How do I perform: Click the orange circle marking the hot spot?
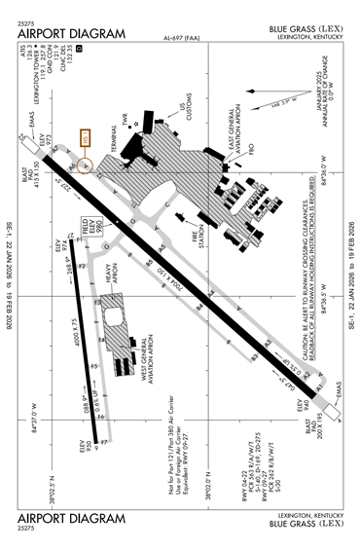(x=85, y=165)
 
